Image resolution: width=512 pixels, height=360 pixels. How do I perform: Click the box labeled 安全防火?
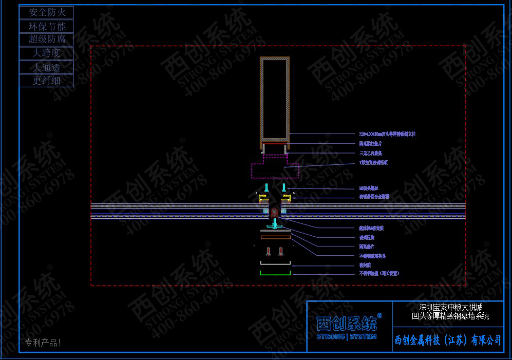point(47,12)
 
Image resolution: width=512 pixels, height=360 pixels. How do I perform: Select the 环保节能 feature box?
point(47,26)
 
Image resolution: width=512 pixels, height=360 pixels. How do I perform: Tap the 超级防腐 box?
point(47,40)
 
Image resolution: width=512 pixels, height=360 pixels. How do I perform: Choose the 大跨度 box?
point(47,53)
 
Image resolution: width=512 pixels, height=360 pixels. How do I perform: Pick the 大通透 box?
point(47,67)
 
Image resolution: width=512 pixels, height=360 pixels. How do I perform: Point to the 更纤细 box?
point(47,80)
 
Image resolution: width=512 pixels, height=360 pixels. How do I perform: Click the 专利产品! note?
point(43,343)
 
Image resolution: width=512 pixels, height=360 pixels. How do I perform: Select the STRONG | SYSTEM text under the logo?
point(347,337)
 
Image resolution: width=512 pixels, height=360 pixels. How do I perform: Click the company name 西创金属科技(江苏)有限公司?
point(448,340)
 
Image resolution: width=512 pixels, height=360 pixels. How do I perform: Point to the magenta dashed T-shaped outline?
point(275,167)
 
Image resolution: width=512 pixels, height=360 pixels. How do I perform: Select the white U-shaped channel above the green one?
point(275,263)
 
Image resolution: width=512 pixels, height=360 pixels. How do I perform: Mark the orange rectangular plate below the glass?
point(275,237)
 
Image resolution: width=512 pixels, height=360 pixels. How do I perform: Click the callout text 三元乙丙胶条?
point(370,153)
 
